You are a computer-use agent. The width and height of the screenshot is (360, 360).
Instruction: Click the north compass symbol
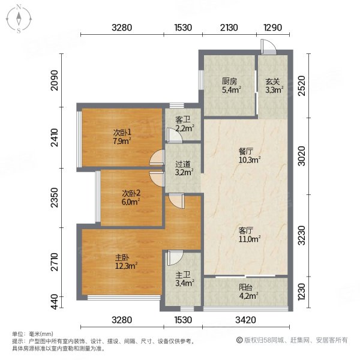click(x=19, y=19)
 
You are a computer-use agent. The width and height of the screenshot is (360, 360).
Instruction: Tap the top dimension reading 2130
click(x=229, y=28)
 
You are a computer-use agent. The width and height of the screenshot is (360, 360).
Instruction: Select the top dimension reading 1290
click(x=273, y=28)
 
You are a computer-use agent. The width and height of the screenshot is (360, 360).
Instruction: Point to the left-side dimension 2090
click(x=55, y=80)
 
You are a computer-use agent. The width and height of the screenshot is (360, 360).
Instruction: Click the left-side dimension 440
click(x=55, y=299)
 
